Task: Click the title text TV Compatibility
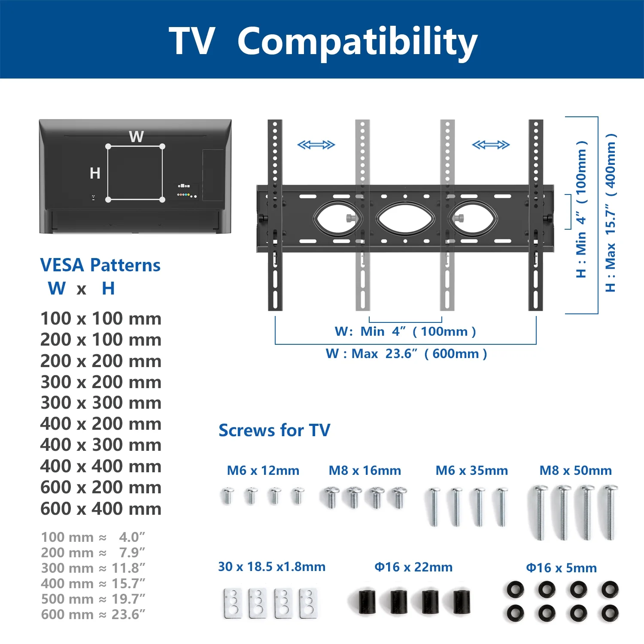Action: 323,42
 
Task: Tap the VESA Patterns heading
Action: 100,265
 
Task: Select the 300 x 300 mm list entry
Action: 101,403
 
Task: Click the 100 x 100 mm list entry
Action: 101,319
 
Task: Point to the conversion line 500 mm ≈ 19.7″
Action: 93,599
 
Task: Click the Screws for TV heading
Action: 274,430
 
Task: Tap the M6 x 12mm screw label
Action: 263,471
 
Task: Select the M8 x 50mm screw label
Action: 576,471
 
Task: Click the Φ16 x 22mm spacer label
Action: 413,567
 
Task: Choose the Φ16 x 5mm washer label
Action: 562,568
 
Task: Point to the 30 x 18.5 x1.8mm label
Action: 272,567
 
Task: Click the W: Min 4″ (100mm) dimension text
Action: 405,331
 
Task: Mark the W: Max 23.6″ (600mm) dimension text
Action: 406,354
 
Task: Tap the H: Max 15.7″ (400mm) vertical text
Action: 611,213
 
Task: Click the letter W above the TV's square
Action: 137,137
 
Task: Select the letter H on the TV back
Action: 95,173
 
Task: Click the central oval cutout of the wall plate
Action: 405,218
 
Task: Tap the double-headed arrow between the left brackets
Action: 316,145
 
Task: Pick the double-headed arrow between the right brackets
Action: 491,145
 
